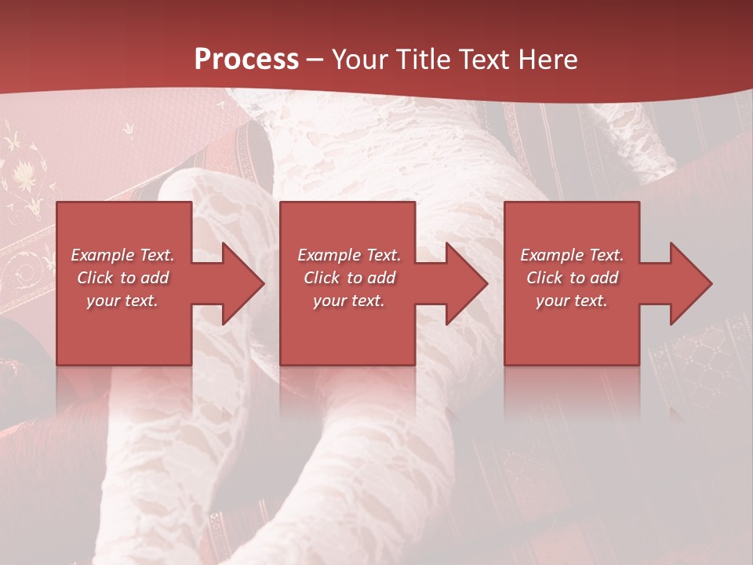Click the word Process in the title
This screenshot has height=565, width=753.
[246, 60]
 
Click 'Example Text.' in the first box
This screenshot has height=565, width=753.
[122, 255]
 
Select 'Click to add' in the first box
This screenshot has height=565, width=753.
[122, 278]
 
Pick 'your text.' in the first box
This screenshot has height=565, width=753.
[122, 301]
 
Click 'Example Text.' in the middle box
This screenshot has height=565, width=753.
[349, 255]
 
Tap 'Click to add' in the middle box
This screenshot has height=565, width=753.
[349, 278]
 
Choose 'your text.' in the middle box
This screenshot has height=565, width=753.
[349, 301]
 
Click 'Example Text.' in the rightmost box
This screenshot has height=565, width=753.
[572, 255]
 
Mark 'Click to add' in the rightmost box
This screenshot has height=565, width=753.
[572, 278]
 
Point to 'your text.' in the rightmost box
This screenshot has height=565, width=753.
[572, 301]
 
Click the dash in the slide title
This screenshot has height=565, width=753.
[315, 60]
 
